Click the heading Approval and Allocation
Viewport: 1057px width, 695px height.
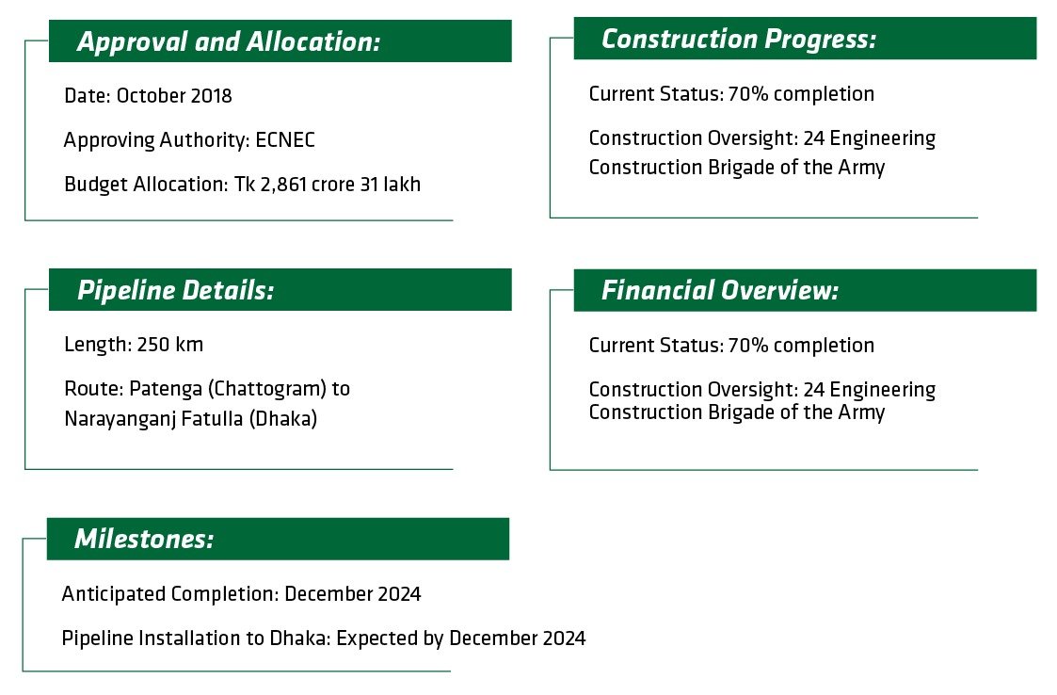[x=229, y=42]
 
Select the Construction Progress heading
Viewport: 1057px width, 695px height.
[x=738, y=39]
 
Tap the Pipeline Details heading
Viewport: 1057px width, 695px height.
[x=175, y=290]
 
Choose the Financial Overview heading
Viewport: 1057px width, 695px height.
[x=719, y=290]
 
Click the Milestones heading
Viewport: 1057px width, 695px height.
[x=144, y=539]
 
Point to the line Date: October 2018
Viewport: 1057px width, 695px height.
[x=148, y=96]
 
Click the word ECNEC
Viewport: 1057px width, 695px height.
[x=285, y=140]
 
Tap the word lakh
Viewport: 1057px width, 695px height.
[x=402, y=185]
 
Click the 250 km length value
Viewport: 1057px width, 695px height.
[x=170, y=345]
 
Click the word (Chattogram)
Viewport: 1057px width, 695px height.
[x=261, y=388]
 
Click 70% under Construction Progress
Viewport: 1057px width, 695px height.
[x=745, y=94]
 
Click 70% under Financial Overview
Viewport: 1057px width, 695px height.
[x=745, y=346]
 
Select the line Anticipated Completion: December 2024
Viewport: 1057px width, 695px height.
[x=241, y=594]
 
